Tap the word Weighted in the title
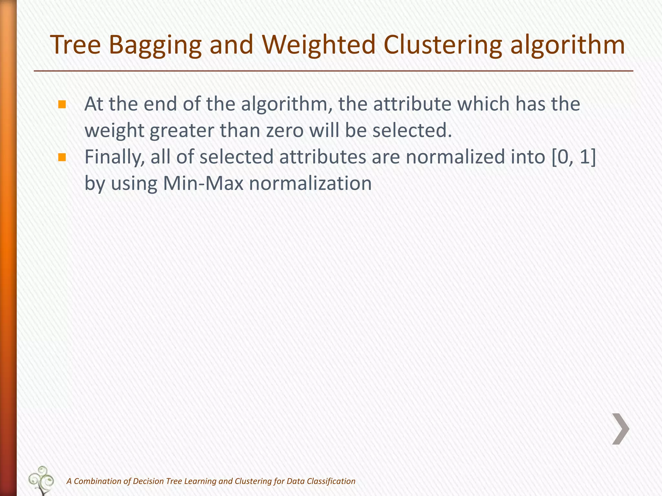[x=318, y=45]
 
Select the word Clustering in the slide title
[x=443, y=45]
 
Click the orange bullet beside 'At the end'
[x=62, y=104]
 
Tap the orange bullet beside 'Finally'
[x=62, y=157]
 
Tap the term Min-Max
[x=203, y=183]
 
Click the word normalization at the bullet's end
[x=311, y=183]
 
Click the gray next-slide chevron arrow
[x=621, y=429]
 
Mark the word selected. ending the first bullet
[x=412, y=130]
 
